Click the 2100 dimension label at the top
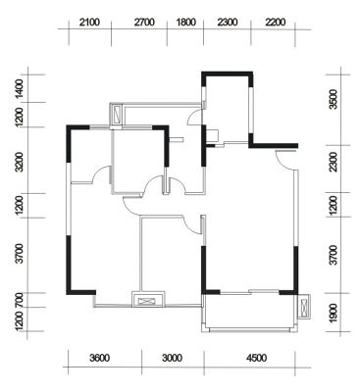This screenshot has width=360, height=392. pos(89,23)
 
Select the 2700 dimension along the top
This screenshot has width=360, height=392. pos(144,23)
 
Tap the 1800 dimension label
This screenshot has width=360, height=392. pos(186,23)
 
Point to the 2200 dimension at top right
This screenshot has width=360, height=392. pos(276,23)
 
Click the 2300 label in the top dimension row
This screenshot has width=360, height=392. pos(228,23)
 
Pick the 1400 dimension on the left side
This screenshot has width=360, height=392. pos(20,88)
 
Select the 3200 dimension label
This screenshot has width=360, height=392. pos(20,162)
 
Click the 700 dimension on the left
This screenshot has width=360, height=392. pos(20,300)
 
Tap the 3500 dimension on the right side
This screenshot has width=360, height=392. pos(334,99)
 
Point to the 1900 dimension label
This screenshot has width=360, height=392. pos(334,313)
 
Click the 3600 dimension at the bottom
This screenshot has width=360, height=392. pos(99,358)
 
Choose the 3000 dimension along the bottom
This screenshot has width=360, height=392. pos(172,358)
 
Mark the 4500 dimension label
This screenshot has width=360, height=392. pos(257,358)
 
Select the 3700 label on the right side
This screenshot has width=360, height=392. pos(334,255)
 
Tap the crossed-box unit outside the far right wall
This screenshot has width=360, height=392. pos(304,307)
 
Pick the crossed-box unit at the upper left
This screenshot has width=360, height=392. pos(117,114)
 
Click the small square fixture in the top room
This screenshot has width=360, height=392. pos(213,135)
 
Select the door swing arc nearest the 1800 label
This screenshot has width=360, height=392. pos(194,117)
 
